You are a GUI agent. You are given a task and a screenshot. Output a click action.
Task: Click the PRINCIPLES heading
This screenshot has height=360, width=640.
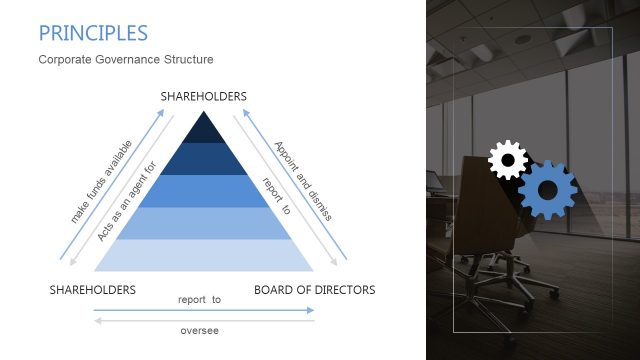coord(93,33)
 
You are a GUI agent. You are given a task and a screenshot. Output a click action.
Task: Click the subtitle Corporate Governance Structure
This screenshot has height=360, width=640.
coord(126,60)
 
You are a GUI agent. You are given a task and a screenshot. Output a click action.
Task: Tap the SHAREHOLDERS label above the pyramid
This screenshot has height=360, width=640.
coord(204,97)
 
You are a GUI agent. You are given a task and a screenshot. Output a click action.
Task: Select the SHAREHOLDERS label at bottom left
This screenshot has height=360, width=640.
coord(93,290)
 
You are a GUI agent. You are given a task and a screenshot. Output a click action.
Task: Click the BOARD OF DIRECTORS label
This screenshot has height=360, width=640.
coord(315,290)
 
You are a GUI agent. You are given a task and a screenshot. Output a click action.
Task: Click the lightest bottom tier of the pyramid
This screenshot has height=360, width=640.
coord(204,255)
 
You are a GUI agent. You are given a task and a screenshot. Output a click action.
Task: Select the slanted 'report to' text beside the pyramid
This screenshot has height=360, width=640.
coord(275,196)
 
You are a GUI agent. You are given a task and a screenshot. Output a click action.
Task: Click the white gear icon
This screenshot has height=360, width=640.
coord(507,160)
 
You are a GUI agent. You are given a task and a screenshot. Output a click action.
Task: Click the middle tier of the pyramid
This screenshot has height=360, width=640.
coord(204,190)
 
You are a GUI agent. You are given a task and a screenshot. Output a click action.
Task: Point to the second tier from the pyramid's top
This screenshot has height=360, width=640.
coord(204,159)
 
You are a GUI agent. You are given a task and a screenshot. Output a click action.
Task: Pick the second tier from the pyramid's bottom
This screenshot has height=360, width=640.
coord(204,223)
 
